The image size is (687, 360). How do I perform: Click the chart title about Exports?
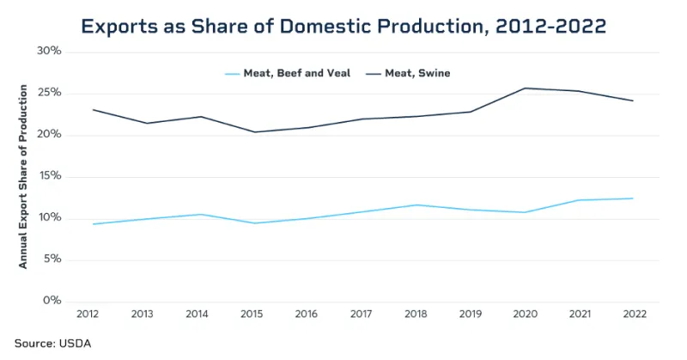[343, 26]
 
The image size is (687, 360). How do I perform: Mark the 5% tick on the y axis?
[52, 259]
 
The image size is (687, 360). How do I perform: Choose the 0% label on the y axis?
[52, 301]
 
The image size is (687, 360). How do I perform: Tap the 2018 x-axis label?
[416, 315]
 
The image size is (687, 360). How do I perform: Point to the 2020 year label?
[525, 315]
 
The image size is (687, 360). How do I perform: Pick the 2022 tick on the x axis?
[633, 315]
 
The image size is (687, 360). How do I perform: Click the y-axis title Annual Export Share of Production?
[23, 176]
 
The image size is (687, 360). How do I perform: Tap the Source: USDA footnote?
[52, 343]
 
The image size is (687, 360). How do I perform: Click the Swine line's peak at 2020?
[525, 88]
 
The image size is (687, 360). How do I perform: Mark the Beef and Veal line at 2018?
[416, 204]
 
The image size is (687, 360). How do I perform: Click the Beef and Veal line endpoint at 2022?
[633, 198]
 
